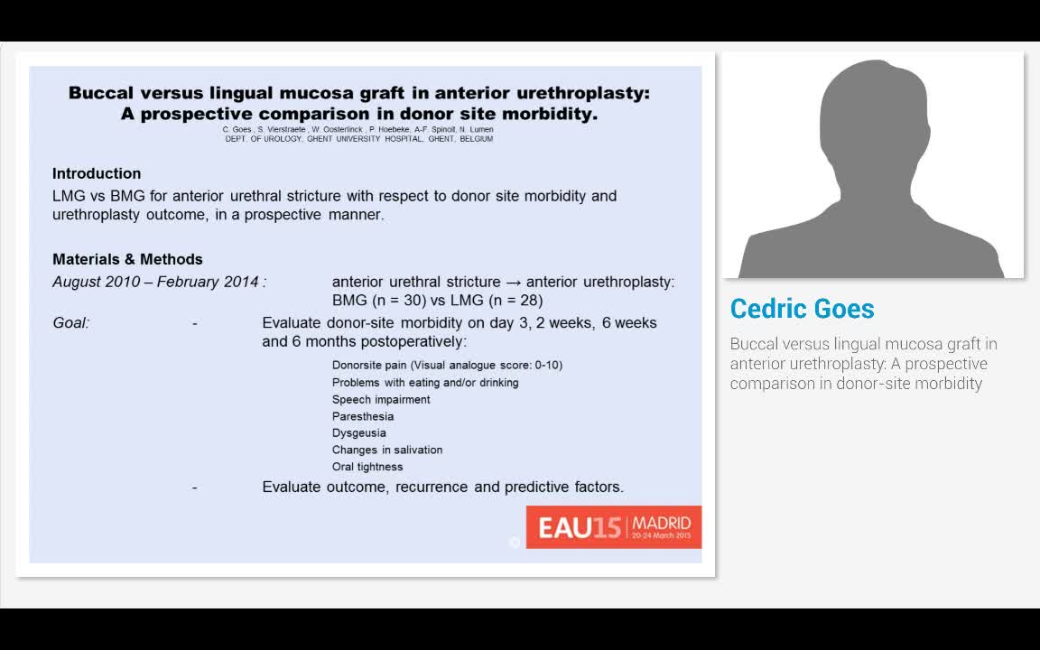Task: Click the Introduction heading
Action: pyautogui.click(x=97, y=173)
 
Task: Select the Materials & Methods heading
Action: pyautogui.click(x=127, y=259)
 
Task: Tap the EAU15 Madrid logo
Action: pyautogui.click(x=614, y=527)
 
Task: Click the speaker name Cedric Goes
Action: pyautogui.click(x=802, y=309)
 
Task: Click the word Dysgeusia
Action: pyautogui.click(x=358, y=433)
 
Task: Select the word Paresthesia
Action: pyautogui.click(x=363, y=416)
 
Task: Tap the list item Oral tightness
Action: pyautogui.click(x=367, y=467)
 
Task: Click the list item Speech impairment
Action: pyautogui.click(x=381, y=400)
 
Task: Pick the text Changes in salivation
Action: pyautogui.click(x=387, y=450)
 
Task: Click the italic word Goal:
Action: pyautogui.click(x=71, y=323)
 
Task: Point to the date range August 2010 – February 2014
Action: pyautogui.click(x=155, y=282)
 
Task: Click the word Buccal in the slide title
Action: pyautogui.click(x=100, y=93)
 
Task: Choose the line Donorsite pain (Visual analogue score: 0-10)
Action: pyautogui.click(x=447, y=366)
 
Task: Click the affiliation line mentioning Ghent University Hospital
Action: pyautogui.click(x=358, y=139)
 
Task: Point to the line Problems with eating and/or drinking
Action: pyautogui.click(x=425, y=383)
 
